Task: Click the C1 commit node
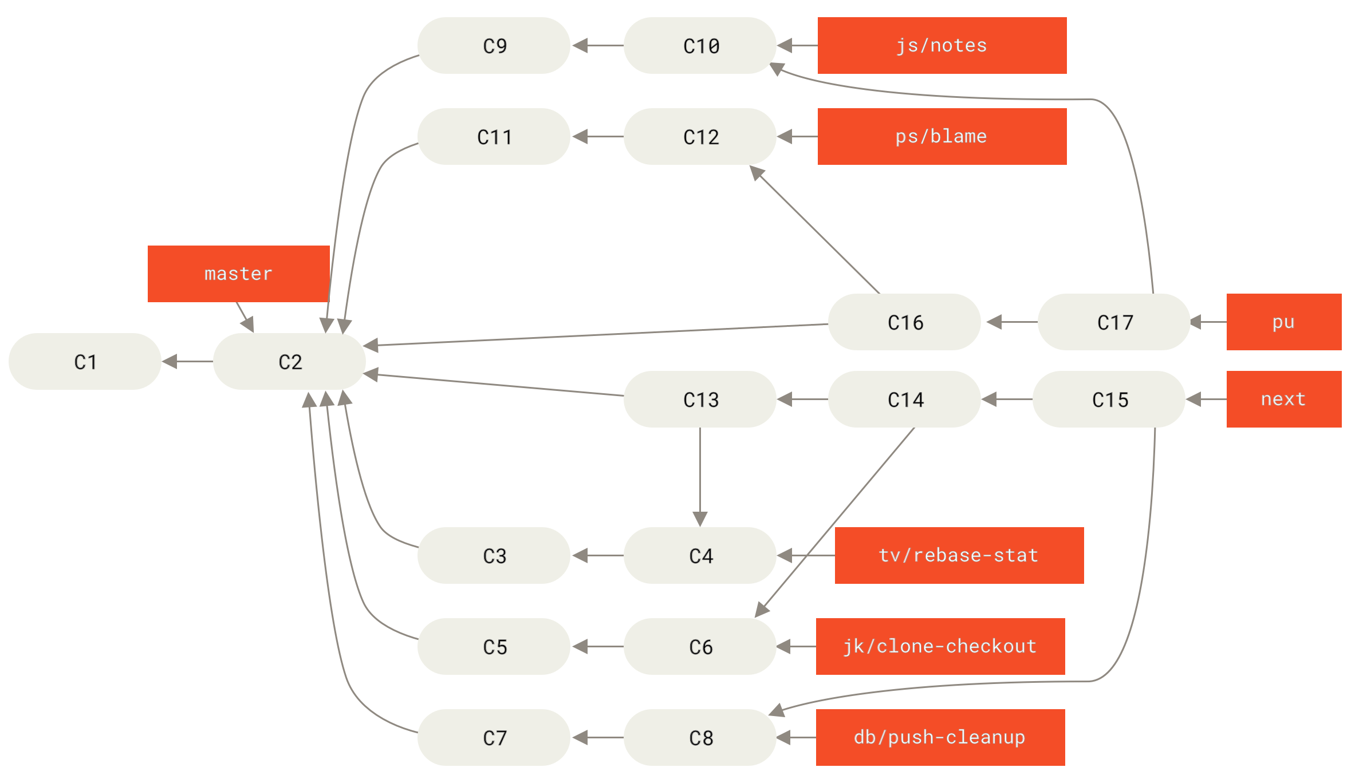(x=85, y=362)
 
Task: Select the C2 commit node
(x=289, y=362)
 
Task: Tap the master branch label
(x=238, y=274)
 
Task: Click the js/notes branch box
(x=942, y=45)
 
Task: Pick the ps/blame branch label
(x=942, y=136)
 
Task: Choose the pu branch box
(x=1283, y=322)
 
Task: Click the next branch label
(x=1283, y=399)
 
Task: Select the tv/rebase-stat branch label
(x=959, y=555)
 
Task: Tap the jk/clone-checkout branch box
(x=940, y=646)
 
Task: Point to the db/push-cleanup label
(x=940, y=737)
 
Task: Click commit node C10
(x=700, y=45)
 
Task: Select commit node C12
(x=700, y=136)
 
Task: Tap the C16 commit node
(x=904, y=322)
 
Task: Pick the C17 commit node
(x=1114, y=322)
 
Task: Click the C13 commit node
(x=700, y=399)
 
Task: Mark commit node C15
(x=1109, y=399)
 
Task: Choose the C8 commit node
(x=700, y=737)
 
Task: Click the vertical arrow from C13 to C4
(x=700, y=475)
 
